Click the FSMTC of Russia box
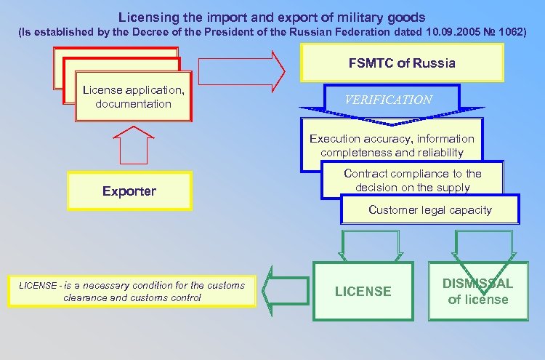coord(402,63)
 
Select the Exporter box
coord(129,191)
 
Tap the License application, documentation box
coord(133,97)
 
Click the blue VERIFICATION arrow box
coord(388,100)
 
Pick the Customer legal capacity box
coord(429,210)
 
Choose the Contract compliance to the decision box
coord(412,180)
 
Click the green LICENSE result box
coord(363,291)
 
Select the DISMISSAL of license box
coord(478,291)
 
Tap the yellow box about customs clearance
coord(133,291)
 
